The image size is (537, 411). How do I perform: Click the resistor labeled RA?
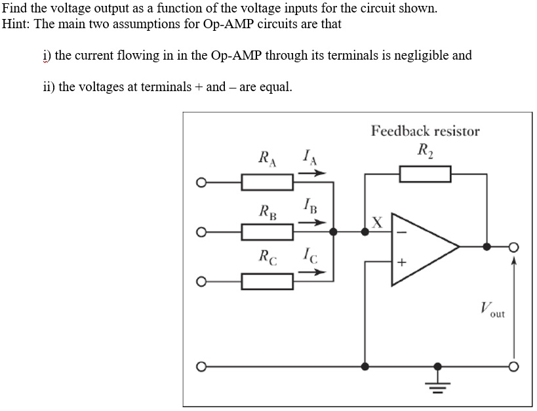[267, 182]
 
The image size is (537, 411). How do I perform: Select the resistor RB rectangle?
[267, 231]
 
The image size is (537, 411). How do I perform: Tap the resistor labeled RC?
[267, 282]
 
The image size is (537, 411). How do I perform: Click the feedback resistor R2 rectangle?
[426, 174]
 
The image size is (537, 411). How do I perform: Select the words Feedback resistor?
[425, 130]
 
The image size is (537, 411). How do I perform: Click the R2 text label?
[426, 149]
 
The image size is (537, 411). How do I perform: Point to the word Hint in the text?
[16, 24]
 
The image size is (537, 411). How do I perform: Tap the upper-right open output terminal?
[515, 247]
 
